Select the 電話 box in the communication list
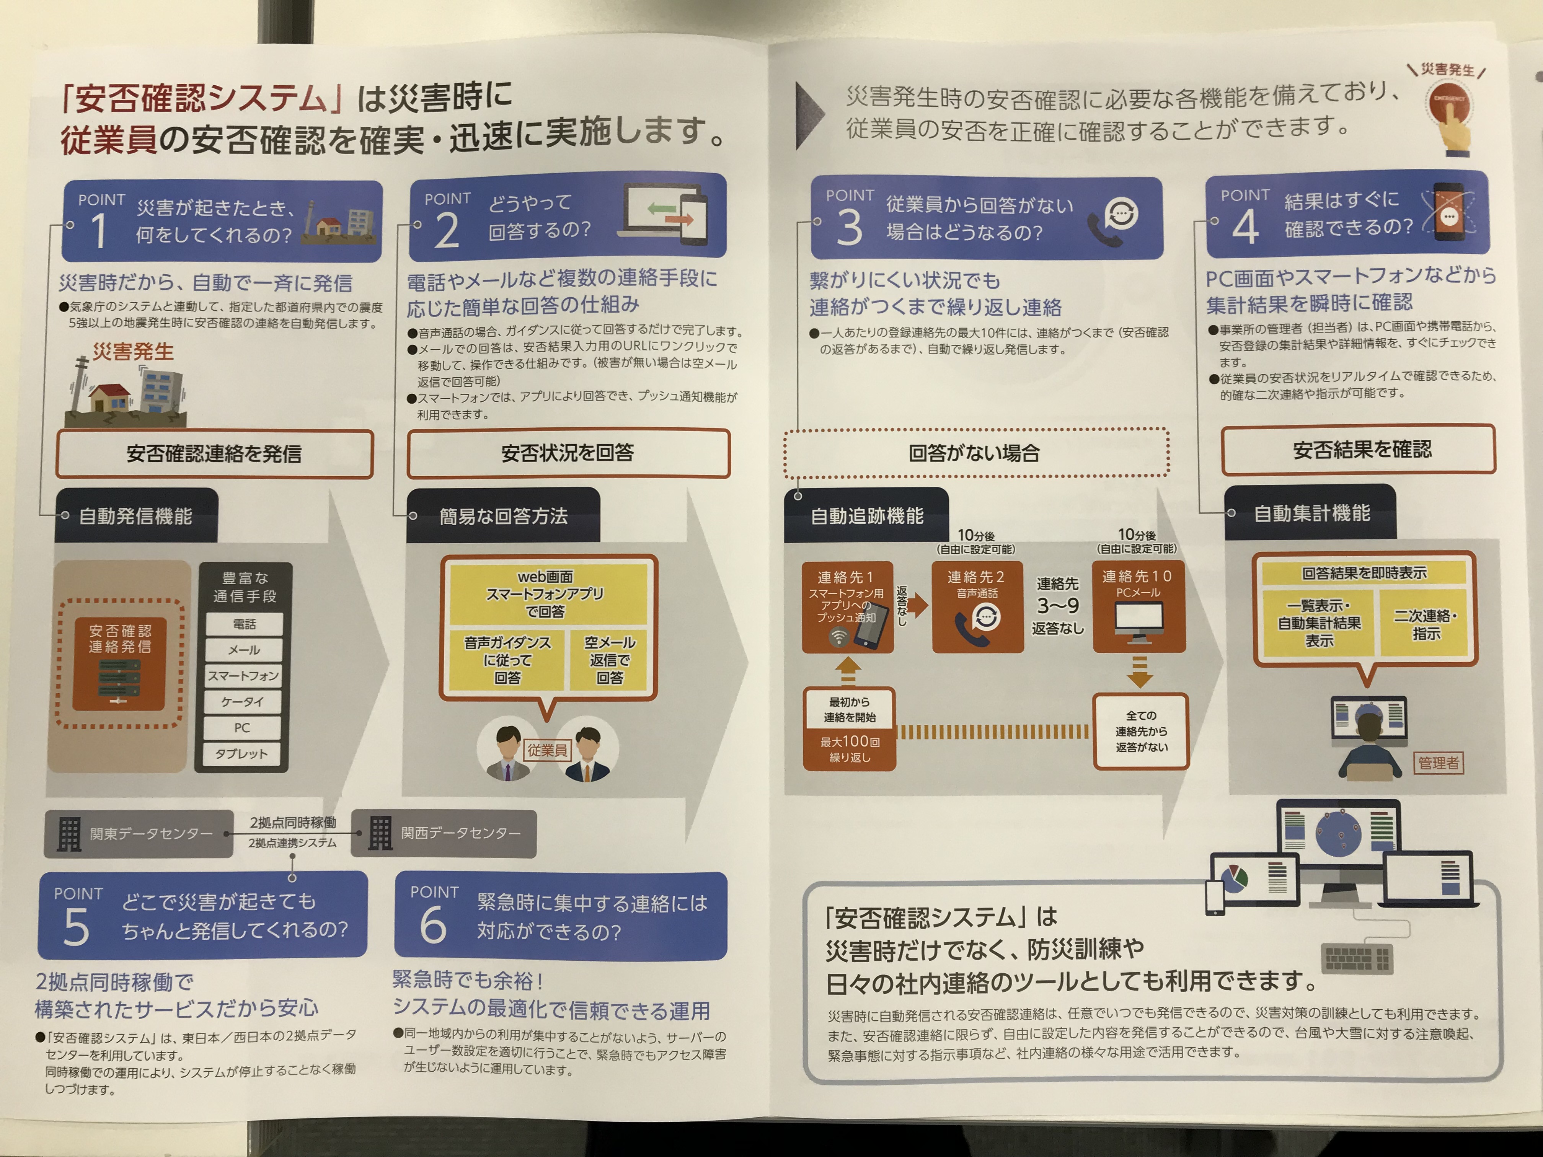click(244, 624)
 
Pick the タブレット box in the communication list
click(241, 754)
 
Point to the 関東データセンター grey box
click(138, 833)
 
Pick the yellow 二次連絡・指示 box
click(1426, 624)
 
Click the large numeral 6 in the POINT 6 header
click(432, 926)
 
